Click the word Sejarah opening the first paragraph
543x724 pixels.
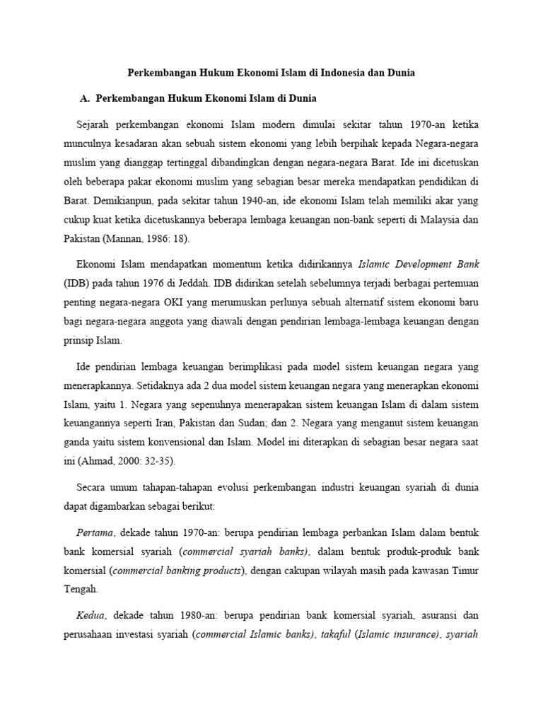[x=93, y=125]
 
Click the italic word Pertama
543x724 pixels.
[x=92, y=531]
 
